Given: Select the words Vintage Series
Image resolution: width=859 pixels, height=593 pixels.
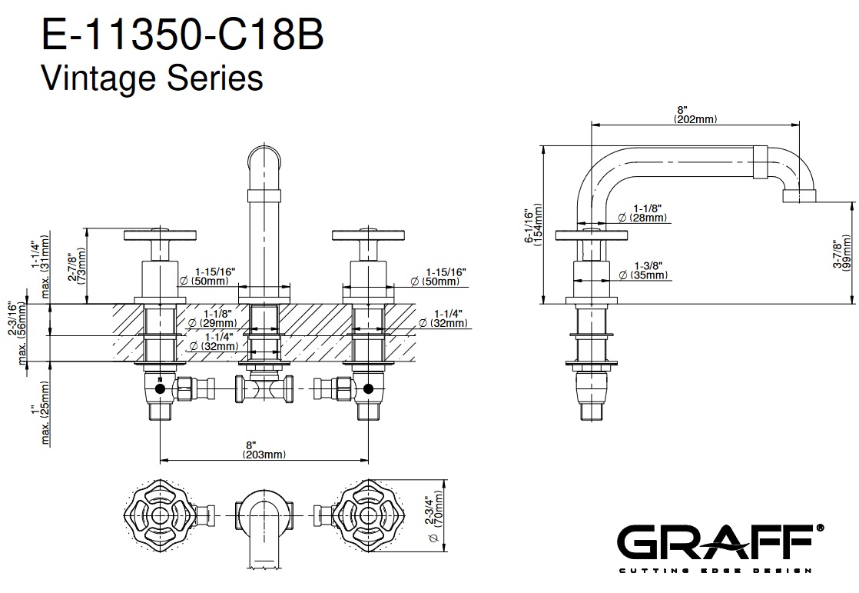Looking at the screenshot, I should click(151, 78).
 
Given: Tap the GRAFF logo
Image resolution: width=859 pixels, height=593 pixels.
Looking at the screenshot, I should click(721, 543).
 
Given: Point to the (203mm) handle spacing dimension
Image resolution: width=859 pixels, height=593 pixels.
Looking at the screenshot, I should click(264, 455).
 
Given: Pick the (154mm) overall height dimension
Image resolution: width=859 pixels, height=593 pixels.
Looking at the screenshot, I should click(537, 228).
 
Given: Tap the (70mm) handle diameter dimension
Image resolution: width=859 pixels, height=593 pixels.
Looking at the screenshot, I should click(440, 515).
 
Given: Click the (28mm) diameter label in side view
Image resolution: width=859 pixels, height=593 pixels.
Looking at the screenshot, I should click(649, 218).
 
